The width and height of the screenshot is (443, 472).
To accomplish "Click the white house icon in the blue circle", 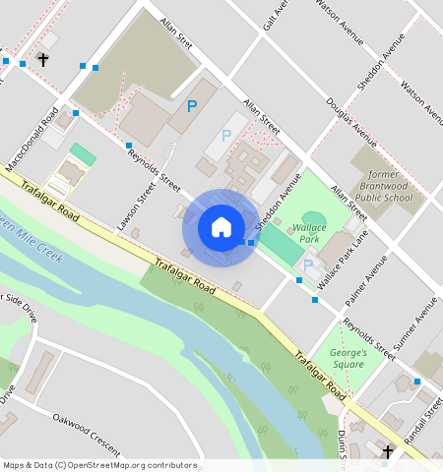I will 221,227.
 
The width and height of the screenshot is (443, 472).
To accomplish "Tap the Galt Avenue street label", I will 275,14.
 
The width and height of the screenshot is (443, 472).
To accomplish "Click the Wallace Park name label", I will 309,233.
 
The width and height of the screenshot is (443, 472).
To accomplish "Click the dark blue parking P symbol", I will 192,105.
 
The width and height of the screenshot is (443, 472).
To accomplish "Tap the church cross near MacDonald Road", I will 42,60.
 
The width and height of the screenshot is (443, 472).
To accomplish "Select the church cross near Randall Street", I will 388,452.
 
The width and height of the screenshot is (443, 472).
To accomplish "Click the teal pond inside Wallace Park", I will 313,218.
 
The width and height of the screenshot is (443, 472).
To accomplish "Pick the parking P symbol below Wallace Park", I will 308,265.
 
